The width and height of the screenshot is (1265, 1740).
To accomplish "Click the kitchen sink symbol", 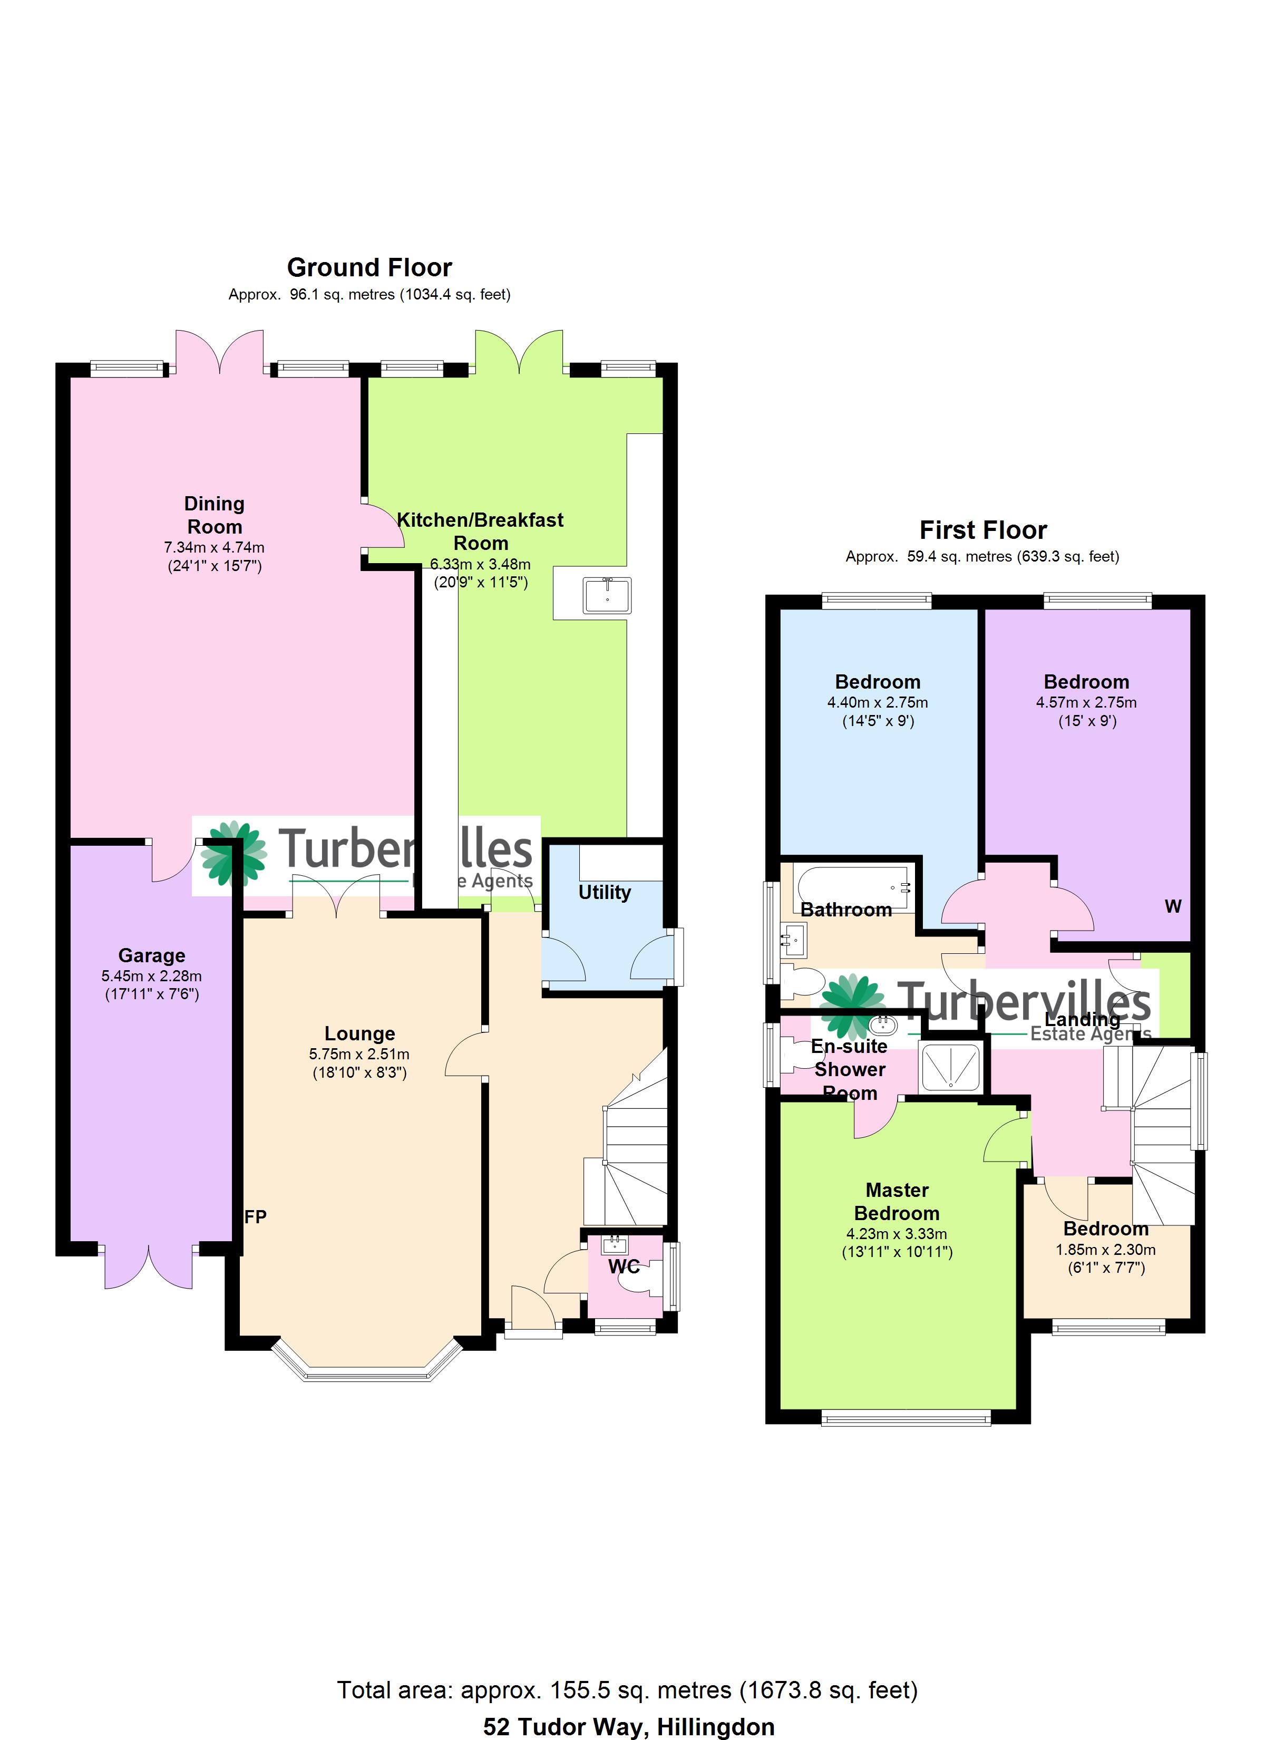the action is [x=606, y=596].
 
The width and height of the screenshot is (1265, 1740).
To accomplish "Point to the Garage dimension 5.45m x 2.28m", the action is [x=151, y=976].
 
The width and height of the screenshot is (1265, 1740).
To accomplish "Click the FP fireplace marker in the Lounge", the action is [x=256, y=1217].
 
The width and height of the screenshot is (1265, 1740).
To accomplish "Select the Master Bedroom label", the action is [x=897, y=1202].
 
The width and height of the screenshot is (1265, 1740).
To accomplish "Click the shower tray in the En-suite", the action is [x=950, y=1066].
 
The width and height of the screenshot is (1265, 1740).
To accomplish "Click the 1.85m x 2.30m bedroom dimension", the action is [x=1105, y=1250].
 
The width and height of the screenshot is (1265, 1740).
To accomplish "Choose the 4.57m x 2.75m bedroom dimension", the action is [x=1086, y=702].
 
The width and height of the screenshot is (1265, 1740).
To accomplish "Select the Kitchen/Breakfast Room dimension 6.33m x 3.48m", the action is [x=480, y=564].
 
